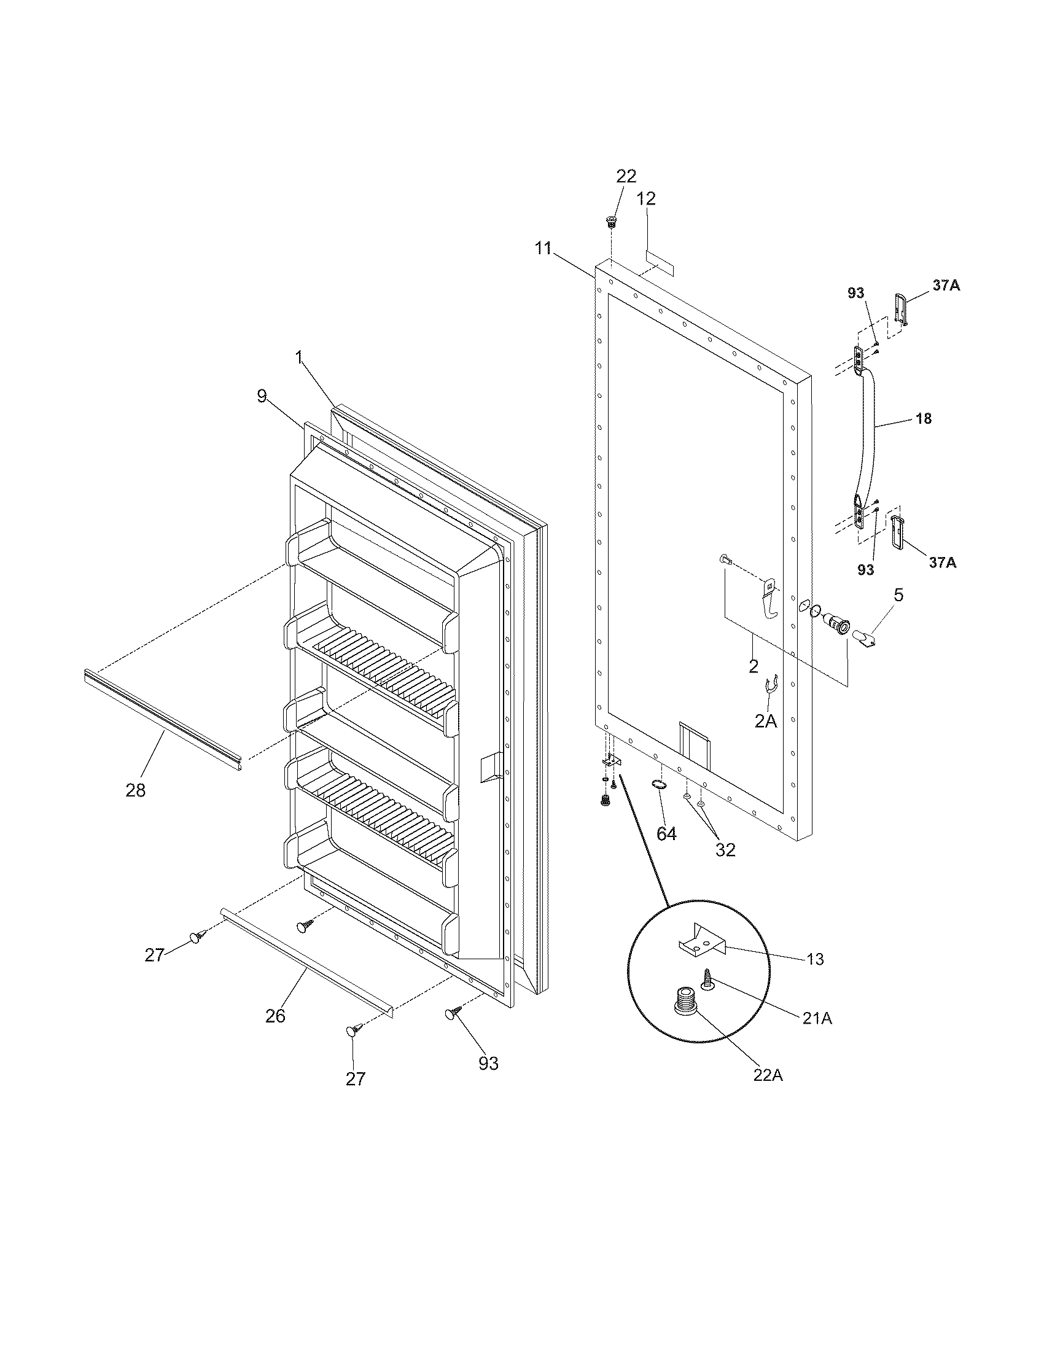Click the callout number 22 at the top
(x=626, y=176)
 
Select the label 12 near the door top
(x=646, y=198)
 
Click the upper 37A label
(x=946, y=286)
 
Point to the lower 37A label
(x=942, y=563)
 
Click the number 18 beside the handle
(x=923, y=419)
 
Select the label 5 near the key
(x=898, y=595)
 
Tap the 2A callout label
(x=766, y=720)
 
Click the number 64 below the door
(x=666, y=834)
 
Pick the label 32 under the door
(x=725, y=850)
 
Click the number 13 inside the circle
(x=816, y=959)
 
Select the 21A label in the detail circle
(x=817, y=1018)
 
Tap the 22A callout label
(x=768, y=1075)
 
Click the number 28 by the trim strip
(x=136, y=790)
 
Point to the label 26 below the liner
(x=276, y=1016)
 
